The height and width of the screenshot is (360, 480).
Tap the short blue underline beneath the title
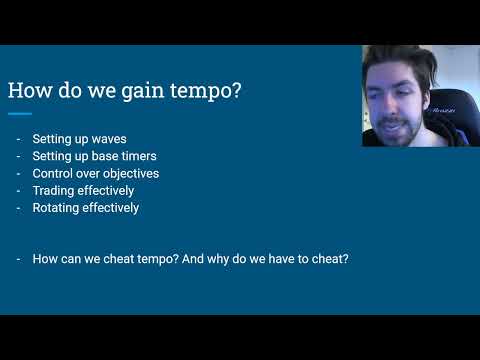19,113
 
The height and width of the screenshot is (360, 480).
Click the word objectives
128,174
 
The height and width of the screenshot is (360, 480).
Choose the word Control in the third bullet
53,174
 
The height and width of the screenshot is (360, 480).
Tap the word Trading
54,191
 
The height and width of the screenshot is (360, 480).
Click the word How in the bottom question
45,259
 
